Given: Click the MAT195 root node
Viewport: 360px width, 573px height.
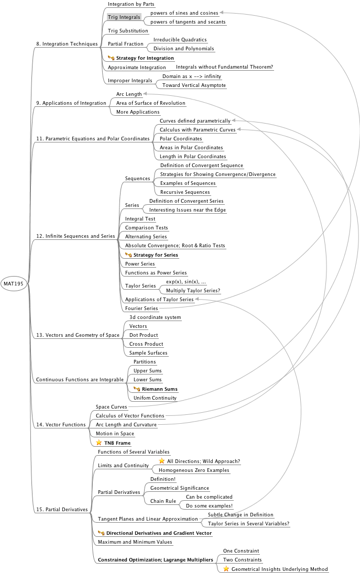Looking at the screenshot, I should pyautogui.click(x=14, y=283).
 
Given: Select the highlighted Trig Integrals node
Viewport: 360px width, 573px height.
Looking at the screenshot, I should pyautogui.click(x=124, y=17).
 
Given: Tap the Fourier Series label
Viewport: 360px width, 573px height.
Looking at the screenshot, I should pyautogui.click(x=141, y=308).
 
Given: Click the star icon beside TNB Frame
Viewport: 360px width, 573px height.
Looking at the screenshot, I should pyautogui.click(x=99, y=443).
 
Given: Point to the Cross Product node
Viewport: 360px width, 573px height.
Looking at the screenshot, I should pyautogui.click(x=146, y=344).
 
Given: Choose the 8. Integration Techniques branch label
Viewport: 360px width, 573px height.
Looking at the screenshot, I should pyautogui.click(x=67, y=44).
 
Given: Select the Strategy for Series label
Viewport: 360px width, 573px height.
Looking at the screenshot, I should pyautogui.click(x=156, y=255).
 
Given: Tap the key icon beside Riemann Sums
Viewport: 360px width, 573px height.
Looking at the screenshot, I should pyautogui.click(x=137, y=389).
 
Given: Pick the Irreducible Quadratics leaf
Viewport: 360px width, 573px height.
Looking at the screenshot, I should pyautogui.click(x=180, y=40).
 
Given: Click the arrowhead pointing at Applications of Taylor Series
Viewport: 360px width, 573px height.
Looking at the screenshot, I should pyautogui.click(x=197, y=300).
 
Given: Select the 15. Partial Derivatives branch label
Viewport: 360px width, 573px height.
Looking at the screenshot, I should pyautogui.click(x=62, y=509).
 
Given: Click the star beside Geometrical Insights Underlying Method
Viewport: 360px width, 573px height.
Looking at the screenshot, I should pyautogui.click(x=226, y=569).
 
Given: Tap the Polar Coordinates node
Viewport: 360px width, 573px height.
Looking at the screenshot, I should pyautogui.click(x=181, y=139).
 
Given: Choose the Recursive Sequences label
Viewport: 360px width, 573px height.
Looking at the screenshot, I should pyautogui.click(x=185, y=192).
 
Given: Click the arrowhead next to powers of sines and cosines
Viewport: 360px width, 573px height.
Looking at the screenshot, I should pyautogui.click(x=222, y=13).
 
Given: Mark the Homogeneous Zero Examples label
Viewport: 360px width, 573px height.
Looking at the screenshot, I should pyautogui.click(x=194, y=470).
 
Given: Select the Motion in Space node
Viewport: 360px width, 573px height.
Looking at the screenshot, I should pyautogui.click(x=115, y=434).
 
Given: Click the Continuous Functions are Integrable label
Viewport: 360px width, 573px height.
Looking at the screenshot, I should pyautogui.click(x=80, y=380).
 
